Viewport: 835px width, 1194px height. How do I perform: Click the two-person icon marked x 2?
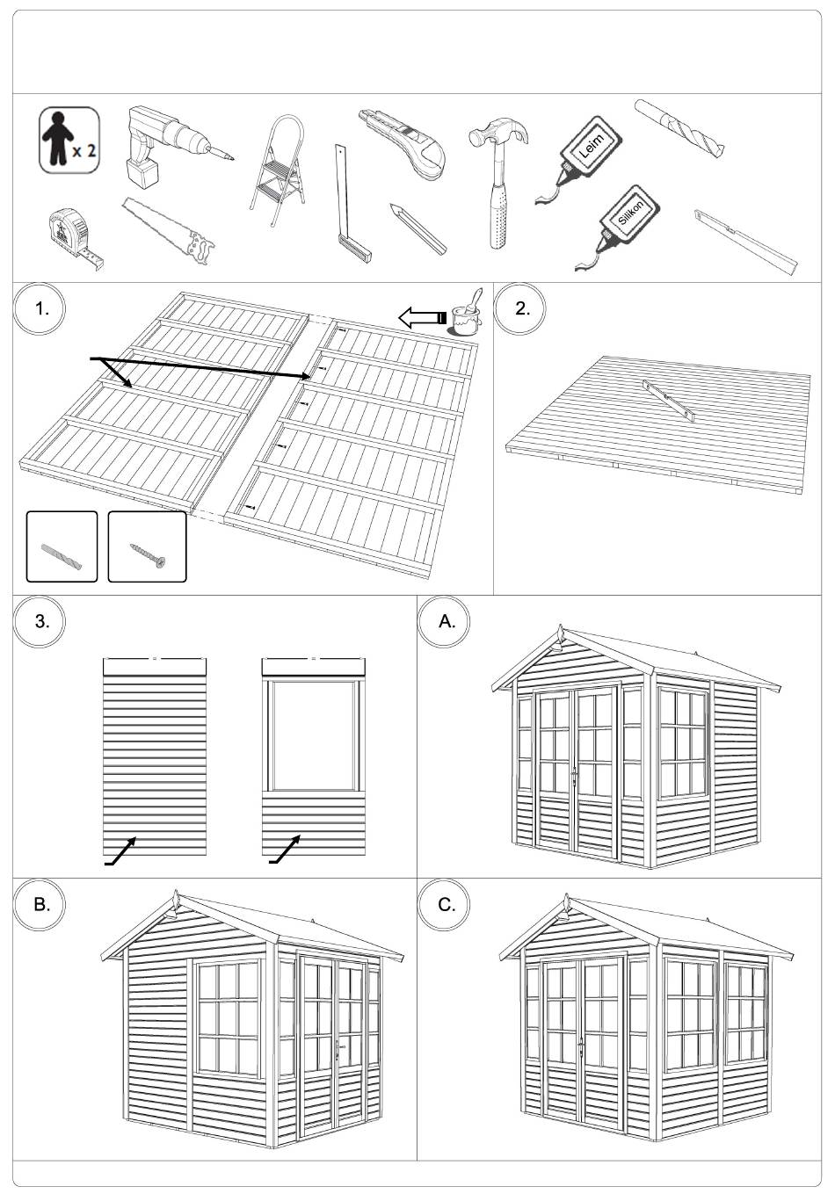(x=68, y=139)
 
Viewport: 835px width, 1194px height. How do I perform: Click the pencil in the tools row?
(x=418, y=228)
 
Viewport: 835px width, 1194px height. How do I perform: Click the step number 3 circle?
(x=40, y=621)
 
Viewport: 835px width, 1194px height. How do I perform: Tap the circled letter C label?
(x=446, y=903)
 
